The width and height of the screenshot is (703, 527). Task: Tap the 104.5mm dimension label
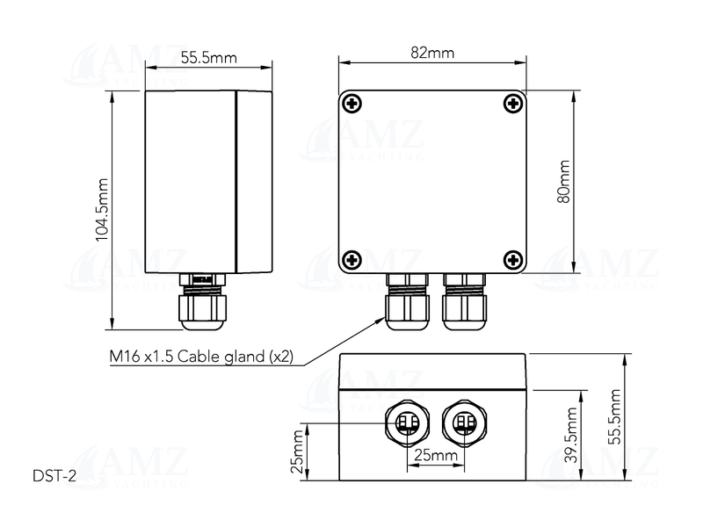pos(103,209)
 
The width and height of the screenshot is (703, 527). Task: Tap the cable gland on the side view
pos(201,303)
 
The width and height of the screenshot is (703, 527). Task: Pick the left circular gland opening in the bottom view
pos(405,424)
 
